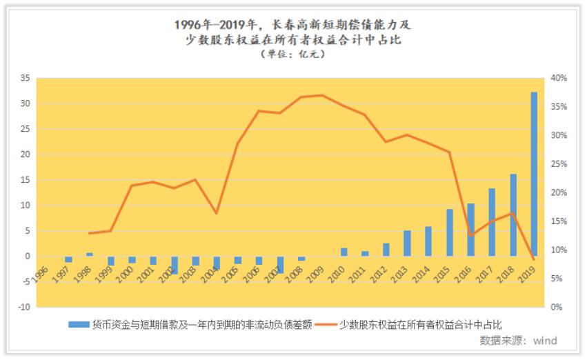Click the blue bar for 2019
pyautogui.click(x=534, y=174)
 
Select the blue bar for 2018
pyautogui.click(x=513, y=214)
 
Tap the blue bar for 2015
pyautogui.click(x=450, y=232)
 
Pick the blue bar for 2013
pyautogui.click(x=407, y=243)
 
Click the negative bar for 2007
pyautogui.click(x=281, y=264)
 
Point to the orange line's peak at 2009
pyautogui.click(x=321, y=95)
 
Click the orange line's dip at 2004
pyautogui.click(x=216, y=213)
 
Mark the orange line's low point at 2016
pyautogui.click(x=471, y=236)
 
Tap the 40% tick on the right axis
pyautogui.click(x=559, y=79)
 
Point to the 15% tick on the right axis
pyautogui.click(x=559, y=221)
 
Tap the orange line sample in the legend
pyautogui.click(x=327, y=323)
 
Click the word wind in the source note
pyautogui.click(x=544, y=341)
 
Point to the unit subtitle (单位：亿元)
pyautogui.click(x=293, y=54)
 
